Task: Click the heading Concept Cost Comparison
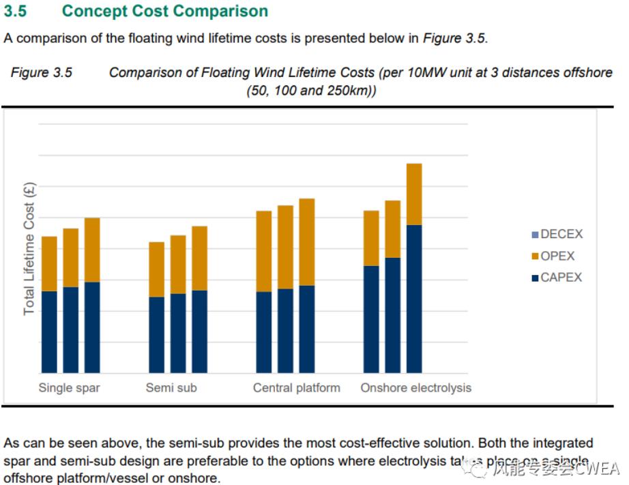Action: (164, 11)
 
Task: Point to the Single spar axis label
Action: (69, 388)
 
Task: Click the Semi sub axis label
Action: (171, 388)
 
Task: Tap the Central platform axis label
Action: (296, 388)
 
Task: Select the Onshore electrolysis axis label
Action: (415, 388)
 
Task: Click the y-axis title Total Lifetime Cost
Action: (29, 249)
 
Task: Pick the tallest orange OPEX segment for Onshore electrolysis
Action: (414, 194)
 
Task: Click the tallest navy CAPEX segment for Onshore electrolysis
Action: (414, 299)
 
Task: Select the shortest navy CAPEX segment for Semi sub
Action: (156, 335)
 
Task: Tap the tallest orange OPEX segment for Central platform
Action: (307, 241)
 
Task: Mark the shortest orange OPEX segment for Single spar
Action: (49, 263)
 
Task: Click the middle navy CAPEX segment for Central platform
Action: (285, 331)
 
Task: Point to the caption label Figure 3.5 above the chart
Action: (41, 73)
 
